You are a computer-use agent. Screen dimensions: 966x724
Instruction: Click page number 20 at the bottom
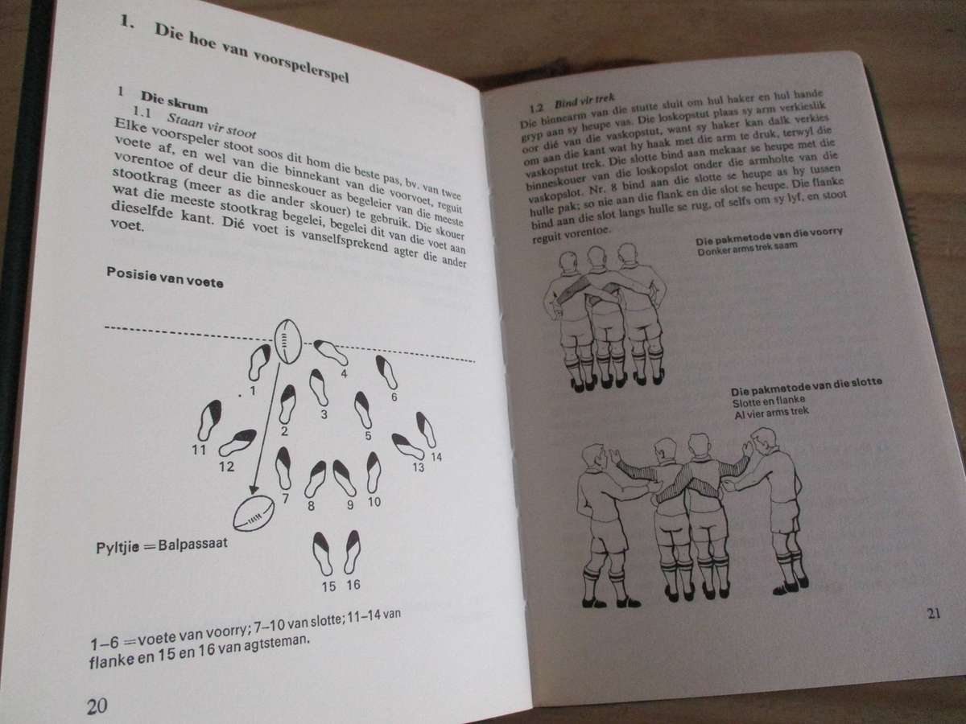[97, 705]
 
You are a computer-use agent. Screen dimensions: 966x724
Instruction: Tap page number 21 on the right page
[934, 613]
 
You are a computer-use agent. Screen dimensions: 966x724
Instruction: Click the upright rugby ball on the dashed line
[288, 342]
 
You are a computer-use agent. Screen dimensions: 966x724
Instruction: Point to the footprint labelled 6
[386, 372]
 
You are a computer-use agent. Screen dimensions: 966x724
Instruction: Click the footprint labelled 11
[209, 420]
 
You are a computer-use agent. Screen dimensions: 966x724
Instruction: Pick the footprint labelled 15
[323, 553]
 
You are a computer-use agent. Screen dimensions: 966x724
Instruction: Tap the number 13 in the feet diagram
[419, 467]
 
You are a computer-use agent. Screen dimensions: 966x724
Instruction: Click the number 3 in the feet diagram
[324, 414]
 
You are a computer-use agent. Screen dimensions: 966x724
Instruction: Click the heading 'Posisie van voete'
[165, 278]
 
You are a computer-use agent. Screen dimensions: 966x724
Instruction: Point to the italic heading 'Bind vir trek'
[584, 102]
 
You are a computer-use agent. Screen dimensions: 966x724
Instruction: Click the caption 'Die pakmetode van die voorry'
[769, 237]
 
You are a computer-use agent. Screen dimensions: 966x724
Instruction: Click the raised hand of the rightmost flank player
[747, 448]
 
